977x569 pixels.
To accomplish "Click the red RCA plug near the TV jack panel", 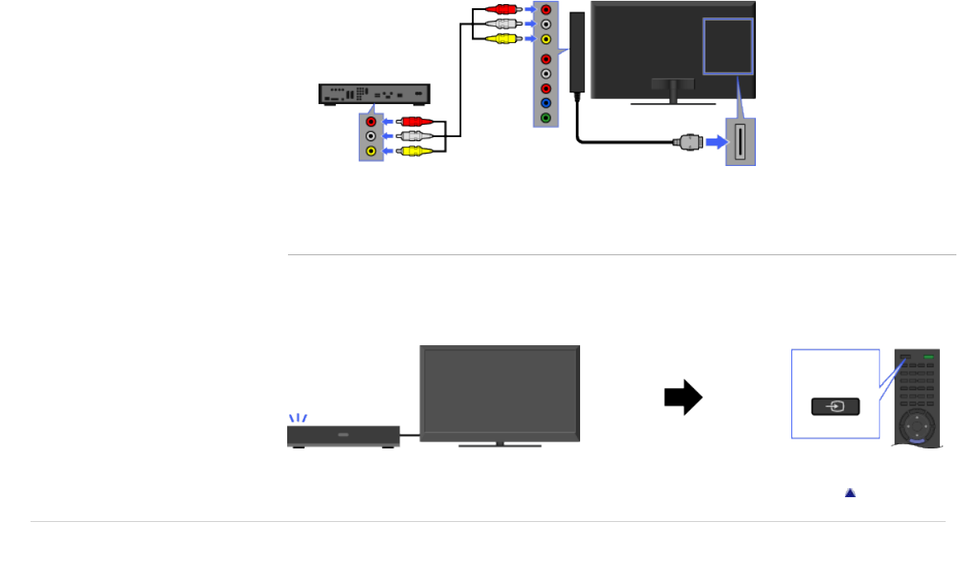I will click(x=501, y=9).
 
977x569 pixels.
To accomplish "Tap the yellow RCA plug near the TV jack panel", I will click(x=501, y=38).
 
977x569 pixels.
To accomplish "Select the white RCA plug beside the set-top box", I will click(x=413, y=136).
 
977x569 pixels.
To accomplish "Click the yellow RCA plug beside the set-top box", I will click(x=413, y=151).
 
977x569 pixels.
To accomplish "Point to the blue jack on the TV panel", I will click(x=545, y=103).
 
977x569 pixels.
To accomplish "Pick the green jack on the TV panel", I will click(x=545, y=118).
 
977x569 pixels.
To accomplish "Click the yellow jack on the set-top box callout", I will click(x=371, y=151).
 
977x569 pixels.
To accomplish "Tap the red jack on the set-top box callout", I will click(x=371, y=121).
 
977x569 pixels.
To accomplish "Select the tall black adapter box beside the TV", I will click(x=578, y=51).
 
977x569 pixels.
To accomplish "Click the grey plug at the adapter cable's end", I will click(x=687, y=142).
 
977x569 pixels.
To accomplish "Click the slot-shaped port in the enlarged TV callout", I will click(x=741, y=141).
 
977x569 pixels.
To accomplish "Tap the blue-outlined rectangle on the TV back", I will click(x=728, y=46).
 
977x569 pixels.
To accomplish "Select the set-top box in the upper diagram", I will click(x=375, y=93).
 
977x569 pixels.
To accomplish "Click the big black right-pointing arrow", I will click(x=683, y=397).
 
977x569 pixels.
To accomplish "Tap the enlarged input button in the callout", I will click(x=836, y=406).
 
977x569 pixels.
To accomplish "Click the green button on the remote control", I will click(x=929, y=358).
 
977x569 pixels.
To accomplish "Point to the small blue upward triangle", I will click(x=850, y=492).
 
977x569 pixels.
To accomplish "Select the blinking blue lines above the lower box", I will click(x=297, y=418).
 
